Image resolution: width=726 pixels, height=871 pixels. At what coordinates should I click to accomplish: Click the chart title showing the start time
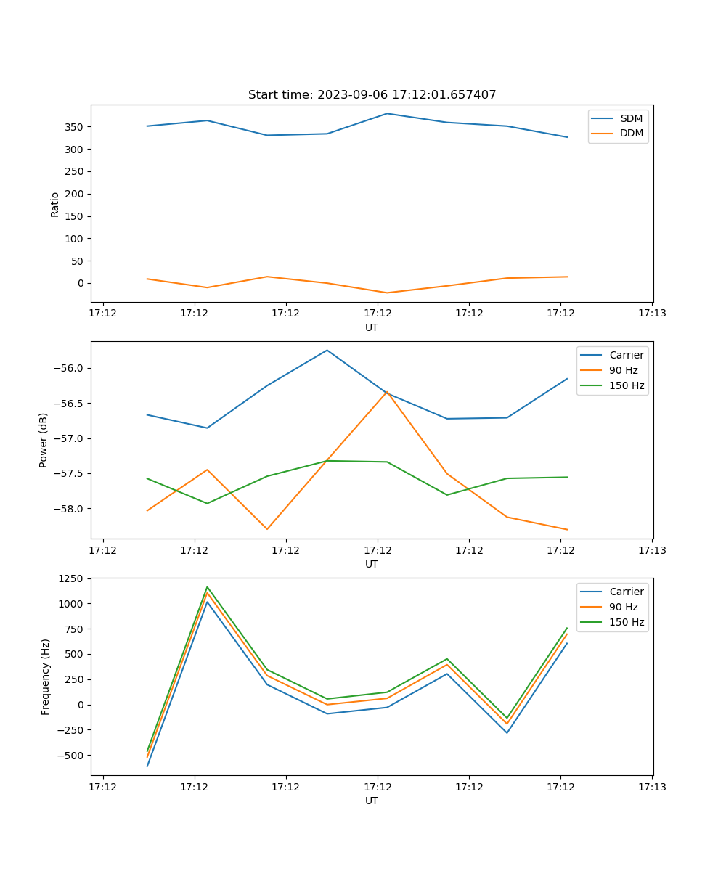click(372, 95)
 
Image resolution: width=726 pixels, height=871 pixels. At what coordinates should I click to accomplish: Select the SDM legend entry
click(631, 118)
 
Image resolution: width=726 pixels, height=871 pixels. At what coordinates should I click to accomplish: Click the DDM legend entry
click(631, 134)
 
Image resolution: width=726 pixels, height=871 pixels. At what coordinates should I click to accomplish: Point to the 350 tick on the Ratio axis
click(75, 127)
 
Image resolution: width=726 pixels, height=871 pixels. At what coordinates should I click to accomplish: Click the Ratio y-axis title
click(55, 204)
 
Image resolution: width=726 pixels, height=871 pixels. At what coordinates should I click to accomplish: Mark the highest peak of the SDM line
click(387, 113)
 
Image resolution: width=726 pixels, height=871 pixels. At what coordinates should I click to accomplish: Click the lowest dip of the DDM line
click(387, 293)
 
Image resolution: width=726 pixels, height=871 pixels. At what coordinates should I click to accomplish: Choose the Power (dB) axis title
click(44, 440)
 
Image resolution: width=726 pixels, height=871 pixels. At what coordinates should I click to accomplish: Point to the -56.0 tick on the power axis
click(70, 368)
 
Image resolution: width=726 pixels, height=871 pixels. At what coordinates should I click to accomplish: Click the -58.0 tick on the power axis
click(70, 509)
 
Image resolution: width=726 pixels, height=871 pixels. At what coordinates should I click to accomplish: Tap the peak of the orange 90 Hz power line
click(387, 392)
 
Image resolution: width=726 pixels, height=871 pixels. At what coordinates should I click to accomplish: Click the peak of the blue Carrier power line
click(327, 350)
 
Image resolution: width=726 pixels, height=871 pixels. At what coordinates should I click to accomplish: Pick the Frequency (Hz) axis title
click(46, 676)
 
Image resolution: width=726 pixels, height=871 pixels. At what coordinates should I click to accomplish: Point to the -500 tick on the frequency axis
click(73, 756)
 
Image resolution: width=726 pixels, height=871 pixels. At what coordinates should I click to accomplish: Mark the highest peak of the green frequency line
click(208, 586)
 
